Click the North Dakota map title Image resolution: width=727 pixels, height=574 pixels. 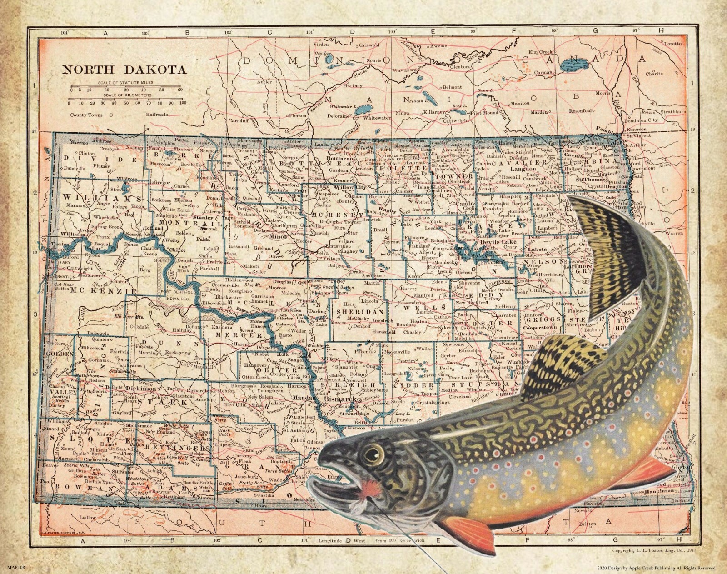[x=124, y=70]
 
